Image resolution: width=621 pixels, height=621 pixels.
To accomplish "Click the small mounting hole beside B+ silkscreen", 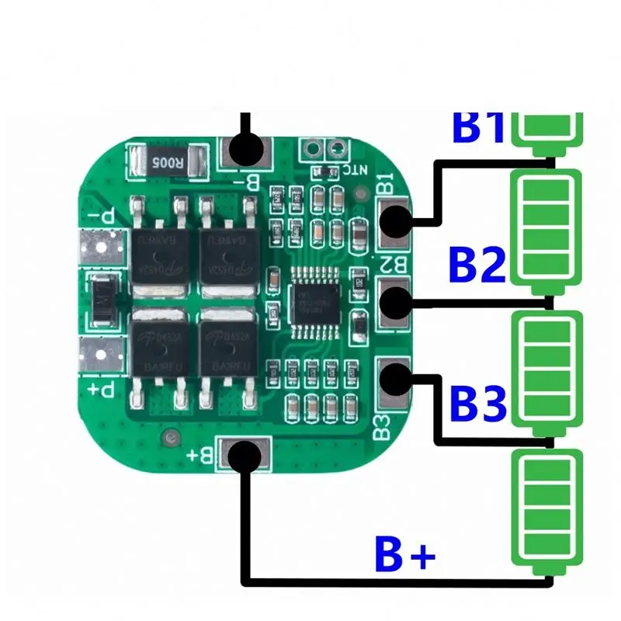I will pyautogui.click(x=168, y=440).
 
